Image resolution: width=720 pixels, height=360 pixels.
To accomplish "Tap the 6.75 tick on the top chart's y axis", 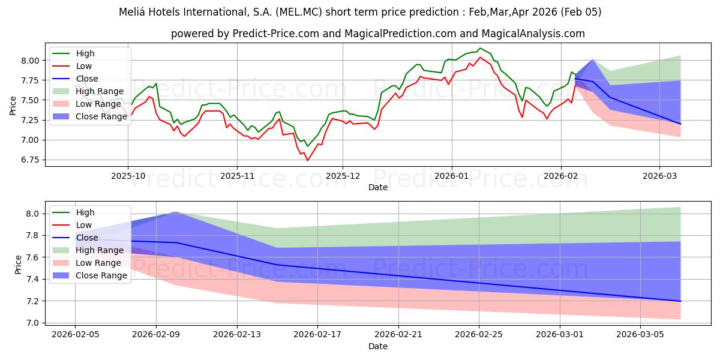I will click(x=31, y=160).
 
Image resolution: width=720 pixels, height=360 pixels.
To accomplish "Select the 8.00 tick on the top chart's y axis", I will click(x=31, y=61).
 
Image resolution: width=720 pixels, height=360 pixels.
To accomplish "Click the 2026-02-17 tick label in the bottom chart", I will click(x=317, y=334).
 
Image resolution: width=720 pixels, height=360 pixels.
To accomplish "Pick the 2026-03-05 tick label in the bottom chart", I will click(x=640, y=334).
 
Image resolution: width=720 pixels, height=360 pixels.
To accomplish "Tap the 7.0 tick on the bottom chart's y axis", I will click(x=35, y=323).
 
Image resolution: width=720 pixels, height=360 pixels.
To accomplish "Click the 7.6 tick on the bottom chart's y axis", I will click(x=35, y=257).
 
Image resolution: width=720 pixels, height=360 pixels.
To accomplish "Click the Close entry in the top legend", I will click(x=88, y=79).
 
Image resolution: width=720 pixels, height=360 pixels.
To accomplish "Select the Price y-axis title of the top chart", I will click(x=13, y=105).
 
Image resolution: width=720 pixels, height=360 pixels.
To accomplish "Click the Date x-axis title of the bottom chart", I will click(x=377, y=346).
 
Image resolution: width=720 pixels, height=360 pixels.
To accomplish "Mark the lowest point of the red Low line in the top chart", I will click(x=308, y=160).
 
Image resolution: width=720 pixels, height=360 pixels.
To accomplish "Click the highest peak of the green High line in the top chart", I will click(x=479, y=48).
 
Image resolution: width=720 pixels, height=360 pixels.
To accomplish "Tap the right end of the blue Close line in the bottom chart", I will click(x=680, y=301).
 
